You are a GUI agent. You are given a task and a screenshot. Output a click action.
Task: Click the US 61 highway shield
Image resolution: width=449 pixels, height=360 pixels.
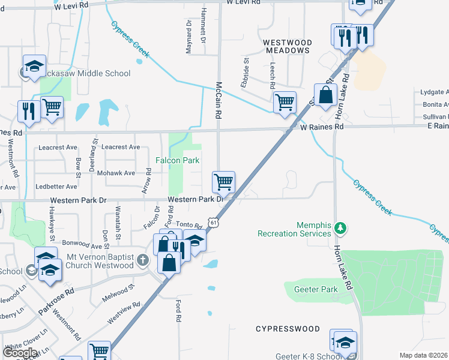(214, 222)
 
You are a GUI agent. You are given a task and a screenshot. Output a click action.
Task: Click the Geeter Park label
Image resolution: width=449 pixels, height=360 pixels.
(316, 289)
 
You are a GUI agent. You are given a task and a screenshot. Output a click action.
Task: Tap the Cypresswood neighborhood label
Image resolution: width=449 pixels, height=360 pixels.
(288, 329)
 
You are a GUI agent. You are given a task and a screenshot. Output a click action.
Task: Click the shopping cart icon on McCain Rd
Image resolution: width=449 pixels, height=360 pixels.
(223, 181)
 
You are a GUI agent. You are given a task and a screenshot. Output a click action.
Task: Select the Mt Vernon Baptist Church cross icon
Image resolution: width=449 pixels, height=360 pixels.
(142, 260)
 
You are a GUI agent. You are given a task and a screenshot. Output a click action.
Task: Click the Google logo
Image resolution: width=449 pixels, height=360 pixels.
(20, 353)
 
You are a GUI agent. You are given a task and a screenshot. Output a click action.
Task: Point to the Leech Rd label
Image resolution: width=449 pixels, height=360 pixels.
(273, 74)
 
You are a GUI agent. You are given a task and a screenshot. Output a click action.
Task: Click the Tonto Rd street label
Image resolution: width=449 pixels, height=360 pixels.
(189, 225)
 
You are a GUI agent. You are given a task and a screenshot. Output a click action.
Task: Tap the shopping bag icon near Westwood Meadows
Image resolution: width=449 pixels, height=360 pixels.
(325, 95)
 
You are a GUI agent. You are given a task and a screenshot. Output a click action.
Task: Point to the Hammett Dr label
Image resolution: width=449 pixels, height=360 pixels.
(203, 29)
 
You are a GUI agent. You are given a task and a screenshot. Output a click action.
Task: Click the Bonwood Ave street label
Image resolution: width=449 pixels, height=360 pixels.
(80, 246)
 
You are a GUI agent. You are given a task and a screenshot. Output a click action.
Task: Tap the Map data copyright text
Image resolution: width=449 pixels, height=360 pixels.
(424, 355)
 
